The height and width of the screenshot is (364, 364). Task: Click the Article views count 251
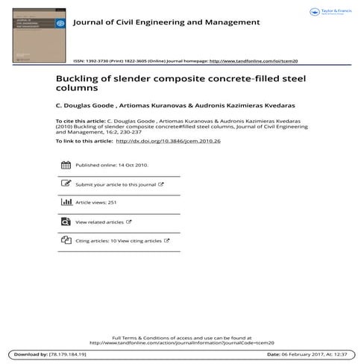coord(113,202)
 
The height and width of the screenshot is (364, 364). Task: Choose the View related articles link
coord(100,222)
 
